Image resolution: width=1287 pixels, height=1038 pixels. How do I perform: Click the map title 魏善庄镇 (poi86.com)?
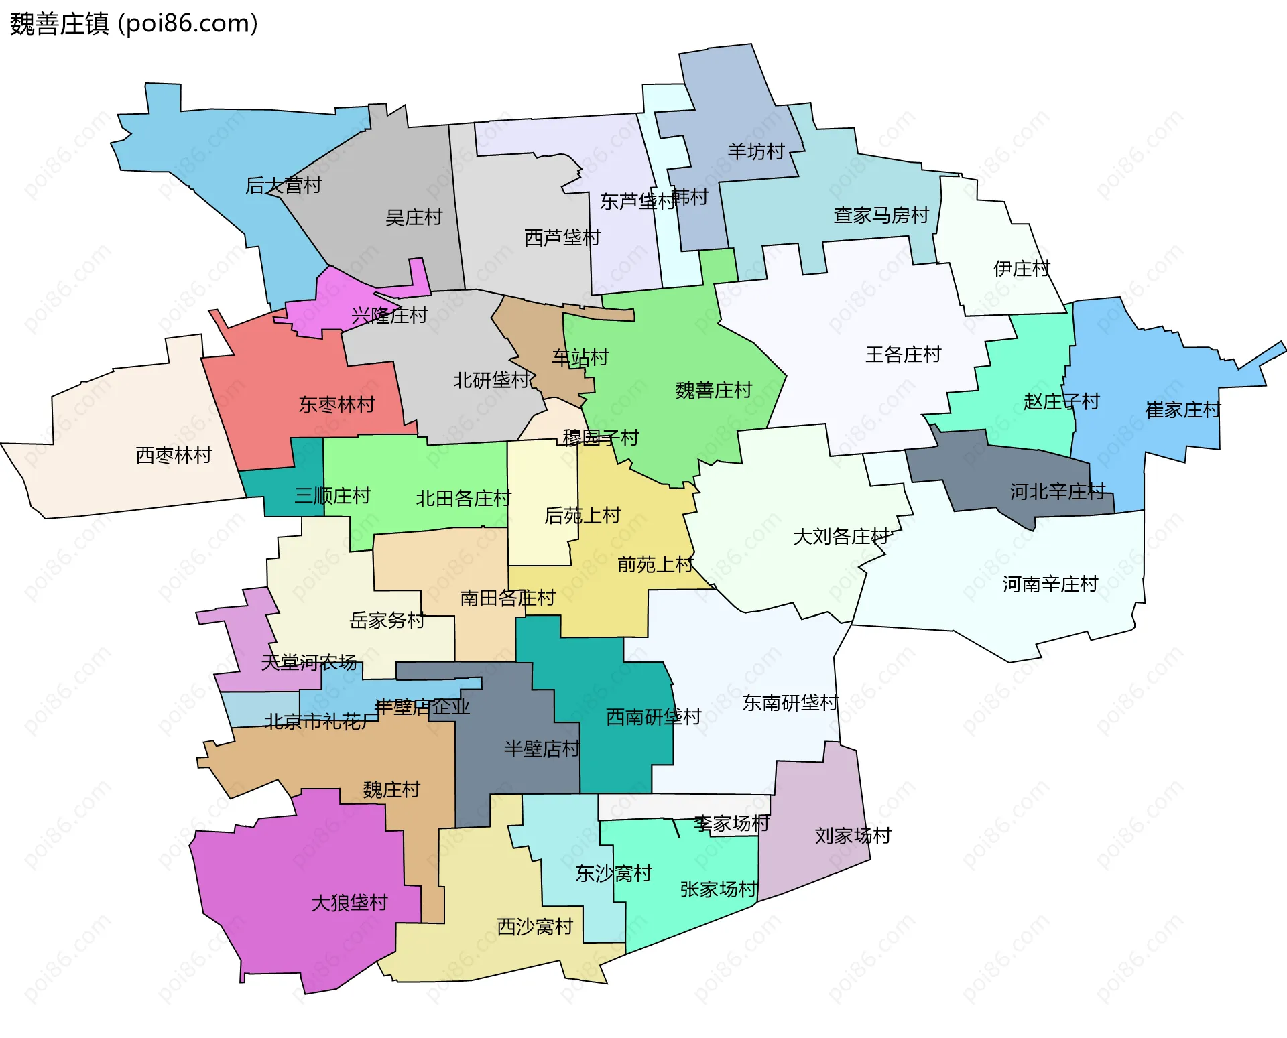(133, 23)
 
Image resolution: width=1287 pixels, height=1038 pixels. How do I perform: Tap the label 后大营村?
(284, 185)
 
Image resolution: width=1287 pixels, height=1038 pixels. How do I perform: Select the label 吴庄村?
(414, 217)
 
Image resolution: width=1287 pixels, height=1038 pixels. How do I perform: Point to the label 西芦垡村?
(562, 237)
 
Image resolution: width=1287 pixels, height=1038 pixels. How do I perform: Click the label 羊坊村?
(755, 151)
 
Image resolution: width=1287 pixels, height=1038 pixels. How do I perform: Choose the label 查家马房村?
(881, 215)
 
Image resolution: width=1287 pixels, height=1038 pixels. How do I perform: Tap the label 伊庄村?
(1021, 269)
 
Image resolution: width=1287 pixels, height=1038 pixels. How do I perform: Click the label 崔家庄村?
(1182, 409)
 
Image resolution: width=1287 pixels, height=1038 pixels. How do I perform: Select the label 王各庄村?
(903, 354)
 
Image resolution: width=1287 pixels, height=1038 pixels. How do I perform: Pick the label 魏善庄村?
(713, 390)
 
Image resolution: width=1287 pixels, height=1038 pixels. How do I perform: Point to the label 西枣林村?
(174, 455)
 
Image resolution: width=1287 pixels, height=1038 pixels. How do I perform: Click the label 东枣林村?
(336, 404)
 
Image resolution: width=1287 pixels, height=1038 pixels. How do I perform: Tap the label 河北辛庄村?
(1057, 491)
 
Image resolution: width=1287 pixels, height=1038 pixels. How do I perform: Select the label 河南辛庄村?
(1050, 584)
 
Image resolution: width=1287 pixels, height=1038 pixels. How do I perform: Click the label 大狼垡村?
(349, 903)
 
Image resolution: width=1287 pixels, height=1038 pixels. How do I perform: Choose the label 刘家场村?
(853, 836)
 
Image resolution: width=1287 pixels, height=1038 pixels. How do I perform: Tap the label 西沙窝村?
(535, 927)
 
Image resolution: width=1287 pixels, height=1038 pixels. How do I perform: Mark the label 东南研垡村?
(790, 702)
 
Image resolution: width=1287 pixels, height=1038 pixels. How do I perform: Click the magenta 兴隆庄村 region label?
(389, 315)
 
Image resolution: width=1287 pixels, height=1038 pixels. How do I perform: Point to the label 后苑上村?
(582, 515)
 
